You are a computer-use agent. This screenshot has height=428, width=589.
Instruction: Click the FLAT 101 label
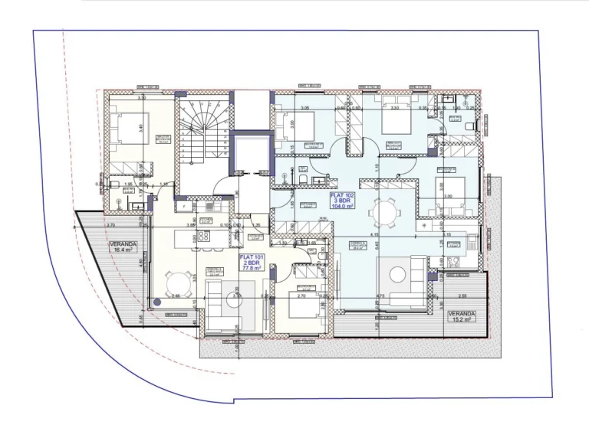point(251,263)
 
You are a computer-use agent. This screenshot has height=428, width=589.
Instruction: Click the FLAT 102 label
point(341,201)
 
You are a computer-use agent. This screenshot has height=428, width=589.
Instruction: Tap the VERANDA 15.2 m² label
point(462,317)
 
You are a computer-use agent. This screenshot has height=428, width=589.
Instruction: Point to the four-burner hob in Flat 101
point(205,236)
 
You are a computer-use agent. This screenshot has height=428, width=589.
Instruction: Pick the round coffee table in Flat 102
point(399,273)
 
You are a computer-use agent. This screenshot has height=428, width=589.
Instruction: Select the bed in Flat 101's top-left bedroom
point(124,127)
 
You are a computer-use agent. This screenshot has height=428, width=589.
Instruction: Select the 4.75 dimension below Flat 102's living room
point(379,295)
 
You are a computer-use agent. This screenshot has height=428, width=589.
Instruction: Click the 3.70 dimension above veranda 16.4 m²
point(110,226)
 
